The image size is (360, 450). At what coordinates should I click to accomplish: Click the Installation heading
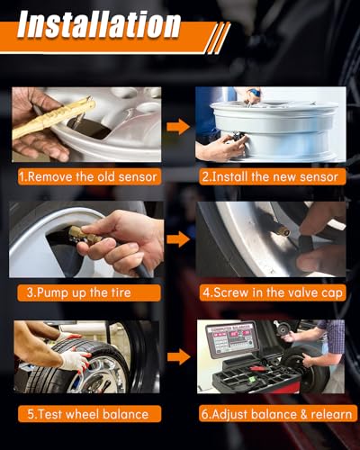click(x=99, y=25)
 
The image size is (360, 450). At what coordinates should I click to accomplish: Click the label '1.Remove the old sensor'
click(x=88, y=176)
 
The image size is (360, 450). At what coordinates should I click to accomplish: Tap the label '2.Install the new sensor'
click(x=270, y=176)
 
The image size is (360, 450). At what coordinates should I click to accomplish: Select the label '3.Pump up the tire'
click(x=79, y=292)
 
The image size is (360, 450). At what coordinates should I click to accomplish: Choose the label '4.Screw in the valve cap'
click(x=273, y=292)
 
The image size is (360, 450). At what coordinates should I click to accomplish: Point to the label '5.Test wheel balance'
click(x=88, y=414)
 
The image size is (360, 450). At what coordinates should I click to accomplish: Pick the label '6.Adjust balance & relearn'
click(x=276, y=414)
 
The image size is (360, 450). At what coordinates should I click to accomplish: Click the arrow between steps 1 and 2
click(x=178, y=127)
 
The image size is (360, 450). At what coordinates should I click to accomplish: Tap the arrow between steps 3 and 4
click(x=178, y=239)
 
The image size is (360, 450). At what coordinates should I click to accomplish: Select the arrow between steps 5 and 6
click(x=178, y=356)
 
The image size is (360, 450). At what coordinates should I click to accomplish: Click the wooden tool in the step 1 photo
click(x=54, y=118)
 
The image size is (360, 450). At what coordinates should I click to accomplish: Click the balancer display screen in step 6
click(x=231, y=339)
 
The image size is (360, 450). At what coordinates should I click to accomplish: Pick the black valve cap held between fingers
click(x=307, y=240)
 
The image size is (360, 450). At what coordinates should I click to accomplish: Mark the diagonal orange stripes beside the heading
click(x=218, y=38)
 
